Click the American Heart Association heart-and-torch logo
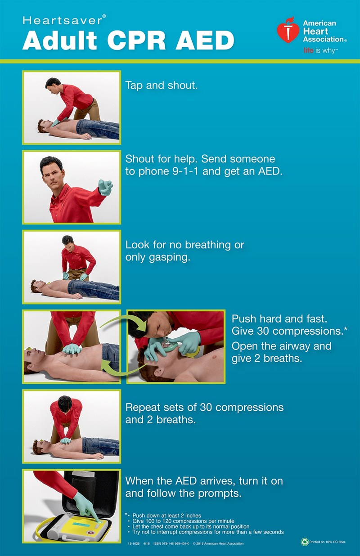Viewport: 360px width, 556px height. (288, 30)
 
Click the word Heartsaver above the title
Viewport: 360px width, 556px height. (63, 20)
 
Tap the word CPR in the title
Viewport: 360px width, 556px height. (136, 40)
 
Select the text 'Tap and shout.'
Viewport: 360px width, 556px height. (162, 85)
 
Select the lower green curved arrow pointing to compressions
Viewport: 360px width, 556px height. (123, 369)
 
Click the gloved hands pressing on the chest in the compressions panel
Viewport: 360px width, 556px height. (72, 349)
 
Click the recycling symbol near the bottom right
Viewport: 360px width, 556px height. (305, 542)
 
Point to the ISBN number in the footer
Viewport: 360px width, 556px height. (171, 543)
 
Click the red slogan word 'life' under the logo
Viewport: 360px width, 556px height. (309, 50)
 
